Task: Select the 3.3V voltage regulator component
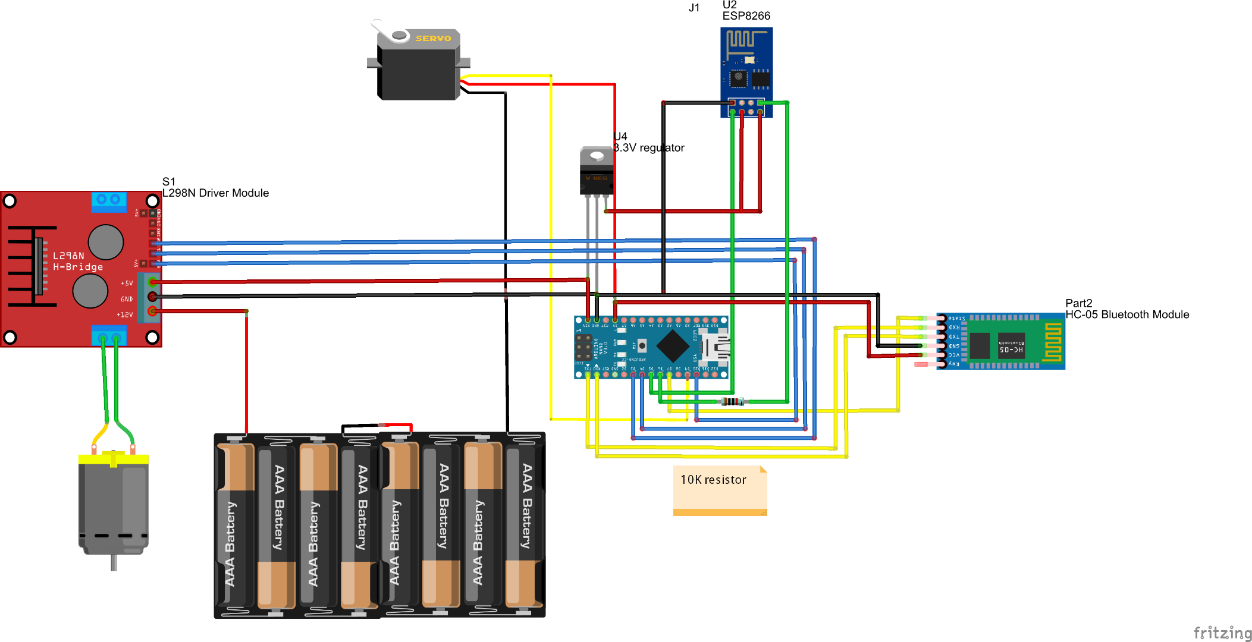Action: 596,172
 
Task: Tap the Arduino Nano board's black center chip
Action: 672,345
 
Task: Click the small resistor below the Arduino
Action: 732,402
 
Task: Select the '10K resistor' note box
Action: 720,490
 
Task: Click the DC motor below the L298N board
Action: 113,505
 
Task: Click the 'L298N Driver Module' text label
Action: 215,193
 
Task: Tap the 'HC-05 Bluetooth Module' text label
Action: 1127,314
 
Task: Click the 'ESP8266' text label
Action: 746,16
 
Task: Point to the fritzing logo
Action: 1222,633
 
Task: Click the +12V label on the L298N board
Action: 125,314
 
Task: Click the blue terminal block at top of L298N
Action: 109,201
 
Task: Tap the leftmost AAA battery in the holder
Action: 236,526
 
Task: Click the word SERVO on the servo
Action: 433,38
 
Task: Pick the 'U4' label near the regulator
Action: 620,136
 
